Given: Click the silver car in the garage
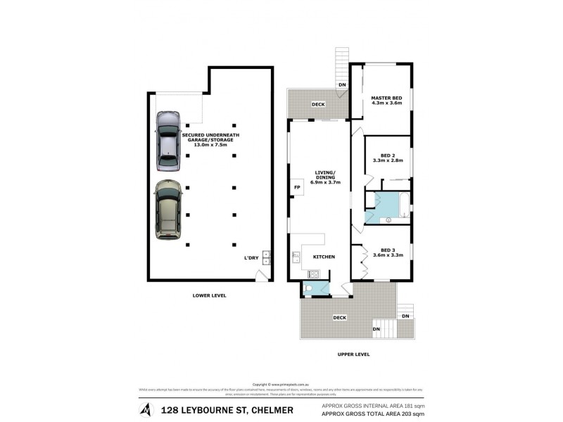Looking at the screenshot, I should point(167,139).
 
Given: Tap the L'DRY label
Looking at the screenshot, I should point(251,258).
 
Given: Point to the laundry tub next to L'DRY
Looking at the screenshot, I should point(267,257).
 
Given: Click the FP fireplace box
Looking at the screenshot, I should point(296,188).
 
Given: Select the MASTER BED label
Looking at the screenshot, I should point(386,97).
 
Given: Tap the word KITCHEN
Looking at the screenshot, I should point(324,257).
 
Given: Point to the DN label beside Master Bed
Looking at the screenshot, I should point(342,85).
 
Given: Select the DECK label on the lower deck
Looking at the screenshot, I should point(340,318).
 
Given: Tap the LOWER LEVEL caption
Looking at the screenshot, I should point(209,295).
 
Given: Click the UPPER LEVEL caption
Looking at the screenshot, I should point(353,354).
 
